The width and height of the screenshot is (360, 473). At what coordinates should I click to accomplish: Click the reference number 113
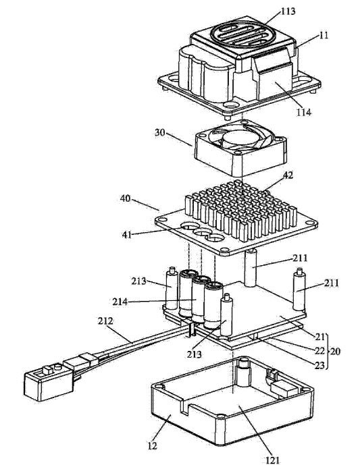(288, 11)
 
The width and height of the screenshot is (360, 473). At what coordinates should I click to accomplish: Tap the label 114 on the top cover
(303, 112)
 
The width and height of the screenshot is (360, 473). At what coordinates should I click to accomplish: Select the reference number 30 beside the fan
(161, 132)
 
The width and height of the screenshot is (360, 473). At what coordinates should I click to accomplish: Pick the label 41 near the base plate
(126, 234)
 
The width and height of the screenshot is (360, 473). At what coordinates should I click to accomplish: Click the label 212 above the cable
(105, 321)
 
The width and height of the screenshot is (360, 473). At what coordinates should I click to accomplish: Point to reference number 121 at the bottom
(272, 461)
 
